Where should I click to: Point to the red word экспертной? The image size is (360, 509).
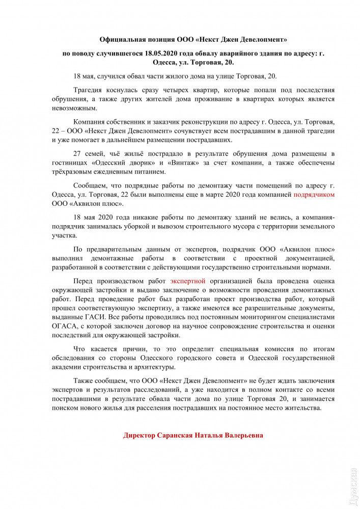pos(188,281)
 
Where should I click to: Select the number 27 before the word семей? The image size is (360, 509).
pos(78,153)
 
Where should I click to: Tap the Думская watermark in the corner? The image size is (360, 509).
pos(353,489)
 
